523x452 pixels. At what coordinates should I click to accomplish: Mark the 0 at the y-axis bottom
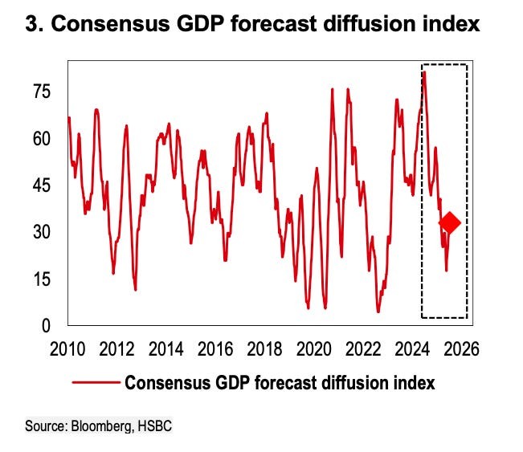tap(46, 326)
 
